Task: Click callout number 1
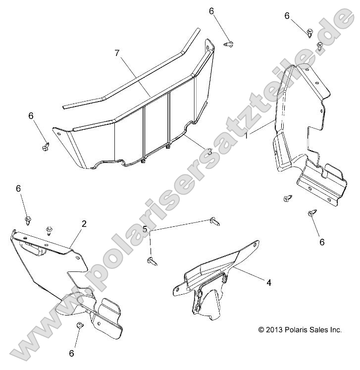pyautogui.click(x=246, y=136)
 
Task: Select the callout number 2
pyautogui.click(x=84, y=224)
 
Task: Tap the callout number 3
pyautogui.click(x=210, y=152)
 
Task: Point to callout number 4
pyautogui.click(x=269, y=282)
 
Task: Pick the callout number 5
pyautogui.click(x=145, y=229)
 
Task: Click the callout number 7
pyautogui.click(x=117, y=53)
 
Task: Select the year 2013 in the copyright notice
pyautogui.click(x=274, y=330)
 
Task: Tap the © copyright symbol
pyautogui.click(x=261, y=330)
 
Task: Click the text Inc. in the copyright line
pyautogui.click(x=335, y=330)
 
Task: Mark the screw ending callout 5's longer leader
pyautogui.click(x=215, y=221)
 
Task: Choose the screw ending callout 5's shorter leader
pyautogui.click(x=153, y=261)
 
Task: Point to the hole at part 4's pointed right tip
pyautogui.click(x=255, y=245)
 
